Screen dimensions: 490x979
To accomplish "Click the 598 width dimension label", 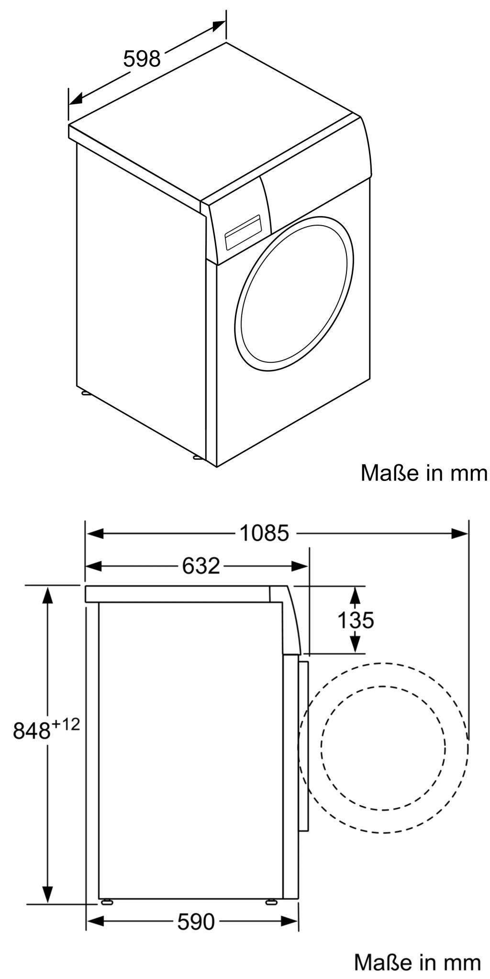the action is click(x=142, y=59).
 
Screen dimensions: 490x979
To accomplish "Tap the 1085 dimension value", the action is click(x=264, y=533).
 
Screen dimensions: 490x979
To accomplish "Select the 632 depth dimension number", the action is click(x=201, y=566).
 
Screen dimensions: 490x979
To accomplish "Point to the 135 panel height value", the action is click(x=356, y=620).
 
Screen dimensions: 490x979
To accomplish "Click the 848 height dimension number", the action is click(x=32, y=730).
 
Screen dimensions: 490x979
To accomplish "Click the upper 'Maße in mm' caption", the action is click(x=424, y=473).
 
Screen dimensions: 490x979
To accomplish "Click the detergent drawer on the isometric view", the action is click(x=242, y=231).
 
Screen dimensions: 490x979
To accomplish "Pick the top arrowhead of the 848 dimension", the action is click(x=47, y=594).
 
